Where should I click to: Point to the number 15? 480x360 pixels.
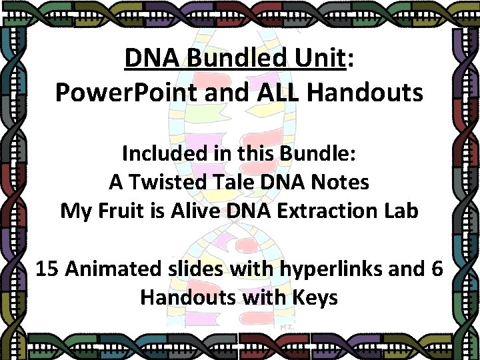point(47,269)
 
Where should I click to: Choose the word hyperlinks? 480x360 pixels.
point(316,269)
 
